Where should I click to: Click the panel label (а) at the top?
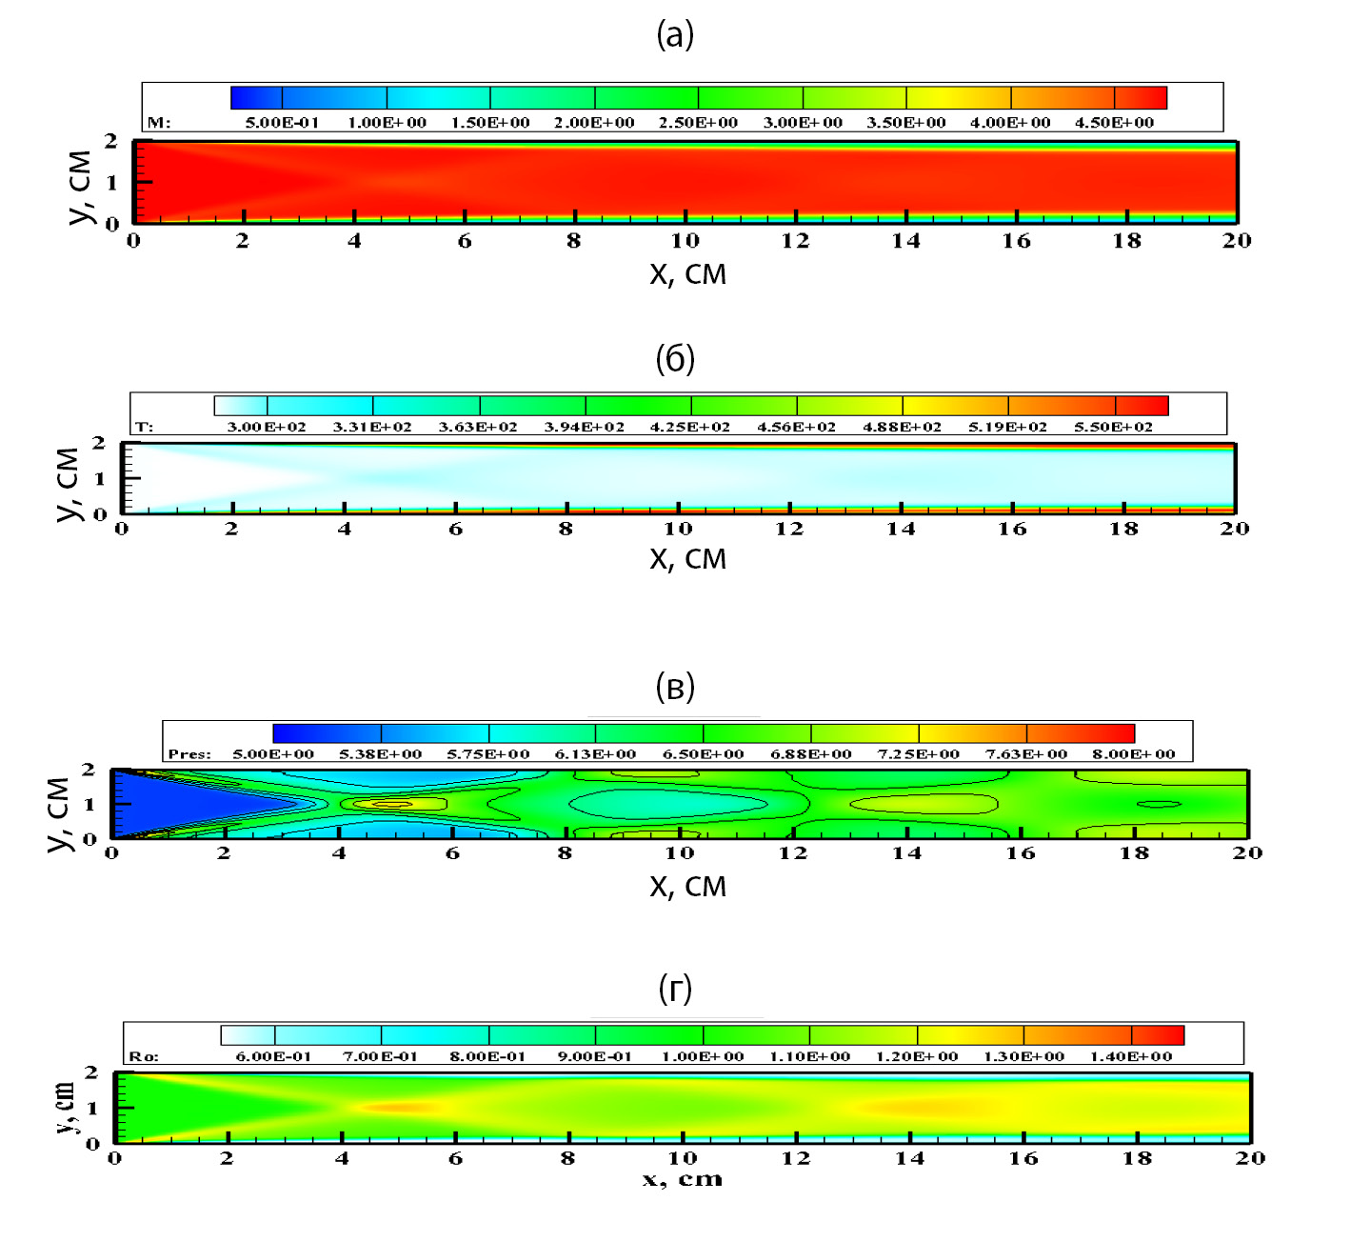[675, 35]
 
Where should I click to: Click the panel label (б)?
[675, 359]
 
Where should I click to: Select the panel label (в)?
[675, 687]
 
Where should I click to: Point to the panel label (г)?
[675, 989]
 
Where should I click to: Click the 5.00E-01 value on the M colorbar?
[282, 123]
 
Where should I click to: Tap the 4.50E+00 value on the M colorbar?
[1114, 123]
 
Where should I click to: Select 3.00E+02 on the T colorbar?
[267, 427]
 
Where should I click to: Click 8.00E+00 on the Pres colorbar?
[1133, 754]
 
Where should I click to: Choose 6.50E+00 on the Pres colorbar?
[703, 754]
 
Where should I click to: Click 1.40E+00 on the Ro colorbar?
[1131, 1056]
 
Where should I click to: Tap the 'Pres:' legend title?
[189, 754]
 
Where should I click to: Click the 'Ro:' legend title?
[144, 1056]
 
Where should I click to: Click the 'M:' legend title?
[158, 123]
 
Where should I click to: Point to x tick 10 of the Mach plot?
[685, 241]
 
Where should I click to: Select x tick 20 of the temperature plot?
[1234, 529]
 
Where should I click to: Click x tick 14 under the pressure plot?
[906, 853]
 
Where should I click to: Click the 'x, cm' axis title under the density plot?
[682, 1180]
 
